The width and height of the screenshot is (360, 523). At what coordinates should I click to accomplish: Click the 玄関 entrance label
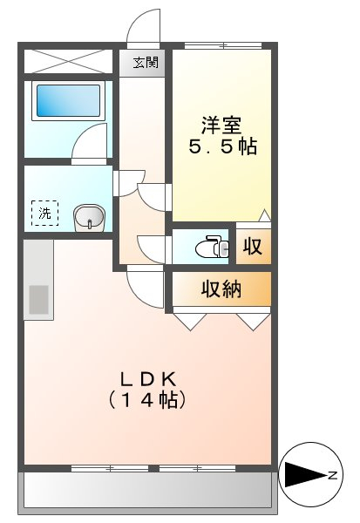146,63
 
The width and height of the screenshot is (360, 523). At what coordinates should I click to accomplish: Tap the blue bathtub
68,100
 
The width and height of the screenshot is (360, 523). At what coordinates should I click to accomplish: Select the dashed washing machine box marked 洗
44,213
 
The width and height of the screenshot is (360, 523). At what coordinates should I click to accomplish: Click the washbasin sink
89,218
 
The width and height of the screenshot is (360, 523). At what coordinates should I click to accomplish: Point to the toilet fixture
212,247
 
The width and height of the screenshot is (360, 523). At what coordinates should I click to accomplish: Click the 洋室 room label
221,126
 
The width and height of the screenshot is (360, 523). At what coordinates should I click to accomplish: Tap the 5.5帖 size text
223,146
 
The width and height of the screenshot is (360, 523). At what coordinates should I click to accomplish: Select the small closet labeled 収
254,246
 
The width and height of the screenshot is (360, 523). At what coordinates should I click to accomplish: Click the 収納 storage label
221,289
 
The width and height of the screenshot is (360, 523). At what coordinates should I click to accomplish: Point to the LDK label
148,379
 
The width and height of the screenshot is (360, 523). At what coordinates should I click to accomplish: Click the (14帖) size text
146,399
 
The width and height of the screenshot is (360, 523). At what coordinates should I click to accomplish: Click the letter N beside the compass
333,475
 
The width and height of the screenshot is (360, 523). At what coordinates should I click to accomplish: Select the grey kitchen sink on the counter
38,300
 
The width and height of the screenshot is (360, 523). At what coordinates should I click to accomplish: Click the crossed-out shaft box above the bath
68,61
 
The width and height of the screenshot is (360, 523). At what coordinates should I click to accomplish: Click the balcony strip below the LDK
147,489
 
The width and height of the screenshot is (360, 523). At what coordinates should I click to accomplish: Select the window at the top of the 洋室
223,45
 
